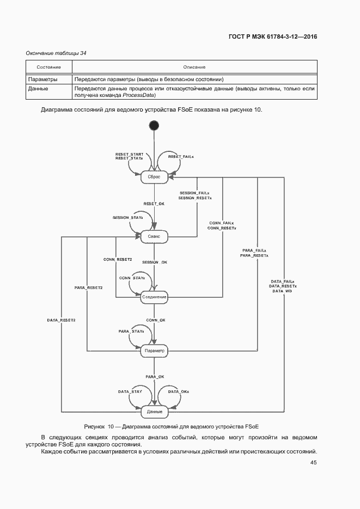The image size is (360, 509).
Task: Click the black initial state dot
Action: tap(154, 126)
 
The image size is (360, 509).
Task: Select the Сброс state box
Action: tap(154, 177)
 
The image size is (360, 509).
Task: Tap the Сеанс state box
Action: tap(154, 237)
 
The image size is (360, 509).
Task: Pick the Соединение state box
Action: tap(154, 297)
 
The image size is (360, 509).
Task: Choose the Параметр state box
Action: tap(154, 351)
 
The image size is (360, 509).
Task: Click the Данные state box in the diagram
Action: tap(154, 411)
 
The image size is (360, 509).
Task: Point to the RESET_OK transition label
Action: tap(154, 204)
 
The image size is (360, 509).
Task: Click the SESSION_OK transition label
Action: tap(155, 262)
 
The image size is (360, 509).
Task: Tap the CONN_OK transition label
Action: tap(155, 320)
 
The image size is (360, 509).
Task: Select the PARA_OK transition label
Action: tap(155, 377)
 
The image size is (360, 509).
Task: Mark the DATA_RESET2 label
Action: tap(61, 320)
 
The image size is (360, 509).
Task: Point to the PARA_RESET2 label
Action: tap(89, 287)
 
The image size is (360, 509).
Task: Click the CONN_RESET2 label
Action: tap(118, 260)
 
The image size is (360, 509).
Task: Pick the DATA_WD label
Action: tap(282, 291)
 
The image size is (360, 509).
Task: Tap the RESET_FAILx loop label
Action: tap(181, 156)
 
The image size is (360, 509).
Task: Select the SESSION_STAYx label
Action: tap(127, 217)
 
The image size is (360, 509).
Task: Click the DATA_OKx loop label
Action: tap(178, 391)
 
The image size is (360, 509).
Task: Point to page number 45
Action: tap(313, 462)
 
